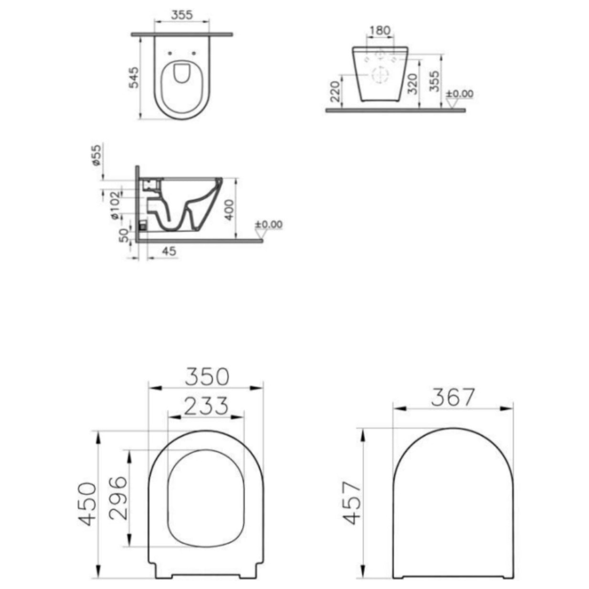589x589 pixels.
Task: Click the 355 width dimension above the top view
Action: click(x=182, y=15)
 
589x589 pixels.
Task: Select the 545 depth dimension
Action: click(x=134, y=77)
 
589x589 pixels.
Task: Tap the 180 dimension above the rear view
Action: click(x=380, y=31)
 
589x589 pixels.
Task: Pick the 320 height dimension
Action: click(x=413, y=83)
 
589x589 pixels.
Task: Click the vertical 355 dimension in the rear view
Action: click(x=434, y=82)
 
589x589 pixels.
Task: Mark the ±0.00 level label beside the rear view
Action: click(x=460, y=94)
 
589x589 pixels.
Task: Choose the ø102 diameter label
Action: click(x=115, y=205)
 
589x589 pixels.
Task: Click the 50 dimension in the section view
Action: click(x=124, y=235)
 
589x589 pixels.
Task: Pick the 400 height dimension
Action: click(x=230, y=210)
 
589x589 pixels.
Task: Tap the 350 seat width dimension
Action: click(x=207, y=377)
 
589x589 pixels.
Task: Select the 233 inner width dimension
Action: click(x=206, y=406)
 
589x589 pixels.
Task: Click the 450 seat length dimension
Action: click(x=88, y=504)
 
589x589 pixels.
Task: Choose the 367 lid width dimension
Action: click(x=453, y=397)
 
